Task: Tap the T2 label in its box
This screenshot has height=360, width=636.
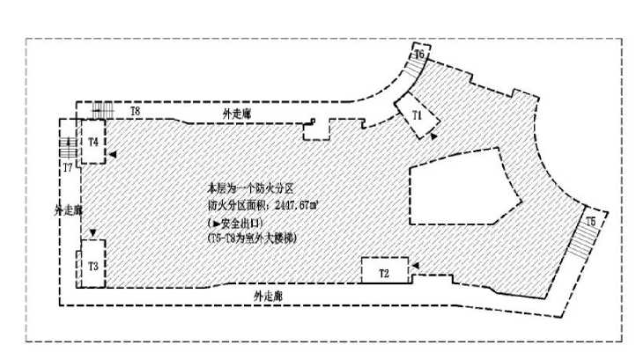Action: (384, 273)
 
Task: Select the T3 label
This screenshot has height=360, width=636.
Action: (92, 265)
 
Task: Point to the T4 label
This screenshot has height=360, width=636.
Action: (92, 141)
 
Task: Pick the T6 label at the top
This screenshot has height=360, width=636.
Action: (419, 55)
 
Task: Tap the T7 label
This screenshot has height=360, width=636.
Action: (67, 165)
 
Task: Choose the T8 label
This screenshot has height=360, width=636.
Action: (135, 112)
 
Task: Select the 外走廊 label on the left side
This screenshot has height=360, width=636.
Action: (68, 211)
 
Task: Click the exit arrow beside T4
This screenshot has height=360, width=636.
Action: (114, 153)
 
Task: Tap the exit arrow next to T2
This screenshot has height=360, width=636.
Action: (416, 262)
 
